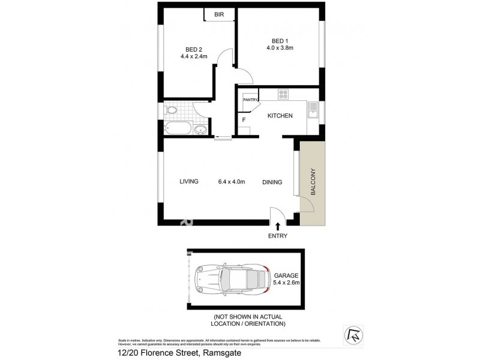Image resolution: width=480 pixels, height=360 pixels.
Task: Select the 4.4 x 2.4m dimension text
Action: pos(193,57)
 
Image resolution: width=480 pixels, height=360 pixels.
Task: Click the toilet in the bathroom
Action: pos(170,110)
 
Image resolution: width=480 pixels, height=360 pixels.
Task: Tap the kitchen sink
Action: pos(312,111)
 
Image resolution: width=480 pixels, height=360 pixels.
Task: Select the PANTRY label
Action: pos(250,100)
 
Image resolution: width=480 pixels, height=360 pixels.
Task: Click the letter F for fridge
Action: pos(244,119)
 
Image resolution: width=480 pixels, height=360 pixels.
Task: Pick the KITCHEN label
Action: pos(280,115)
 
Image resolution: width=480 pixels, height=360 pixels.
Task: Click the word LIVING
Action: pos(188,182)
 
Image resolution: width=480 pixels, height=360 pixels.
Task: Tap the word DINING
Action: pos(272,182)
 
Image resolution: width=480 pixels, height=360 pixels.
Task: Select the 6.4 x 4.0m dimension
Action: pos(232,182)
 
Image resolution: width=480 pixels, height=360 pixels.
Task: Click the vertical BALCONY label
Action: pos(313,181)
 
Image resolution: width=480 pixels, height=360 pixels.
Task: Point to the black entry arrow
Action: pos(277,224)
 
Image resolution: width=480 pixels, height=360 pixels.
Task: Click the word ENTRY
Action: pos(277,236)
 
